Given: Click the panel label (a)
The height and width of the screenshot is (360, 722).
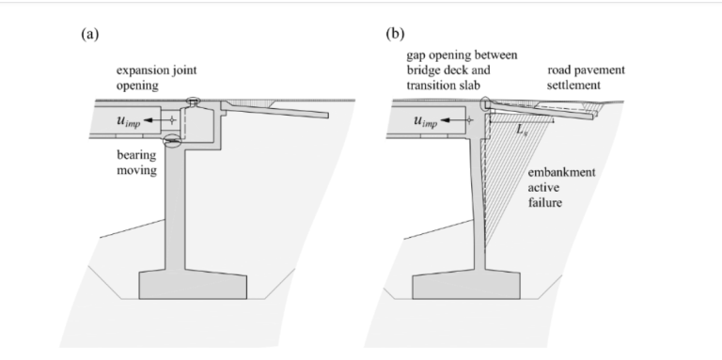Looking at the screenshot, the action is (90, 35).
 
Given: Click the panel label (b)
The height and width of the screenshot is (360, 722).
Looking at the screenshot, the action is (395, 34).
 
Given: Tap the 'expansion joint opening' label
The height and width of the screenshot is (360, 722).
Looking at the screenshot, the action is (157, 78).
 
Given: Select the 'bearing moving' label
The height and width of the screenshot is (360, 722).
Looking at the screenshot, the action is (136, 163).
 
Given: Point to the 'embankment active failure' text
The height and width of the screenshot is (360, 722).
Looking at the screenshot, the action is (561, 187).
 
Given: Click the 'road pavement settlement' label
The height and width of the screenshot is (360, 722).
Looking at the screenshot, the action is (586, 77).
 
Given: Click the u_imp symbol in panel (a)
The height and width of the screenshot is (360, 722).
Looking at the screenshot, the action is (129, 121).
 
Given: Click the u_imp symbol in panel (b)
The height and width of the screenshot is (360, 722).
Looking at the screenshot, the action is (426, 121).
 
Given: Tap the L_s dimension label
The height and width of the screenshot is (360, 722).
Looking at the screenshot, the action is (521, 130).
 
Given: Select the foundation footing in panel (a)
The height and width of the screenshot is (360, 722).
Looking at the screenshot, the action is (193, 286).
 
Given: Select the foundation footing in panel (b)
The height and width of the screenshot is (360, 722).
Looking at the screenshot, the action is (466, 286).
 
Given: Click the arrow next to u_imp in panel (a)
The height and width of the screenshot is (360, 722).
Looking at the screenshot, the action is (156, 120).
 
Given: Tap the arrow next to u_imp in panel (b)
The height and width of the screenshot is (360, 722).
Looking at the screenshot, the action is (453, 120).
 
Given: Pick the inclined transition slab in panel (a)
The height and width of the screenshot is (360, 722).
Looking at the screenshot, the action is (276, 110).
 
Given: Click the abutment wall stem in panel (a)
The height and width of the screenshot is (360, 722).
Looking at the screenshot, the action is (175, 207).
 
